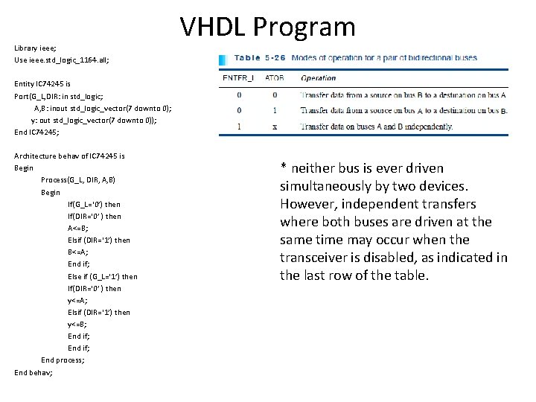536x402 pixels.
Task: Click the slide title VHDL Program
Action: click(x=268, y=27)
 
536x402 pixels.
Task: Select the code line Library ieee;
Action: click(x=35, y=48)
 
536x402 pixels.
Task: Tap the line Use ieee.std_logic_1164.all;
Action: click(x=61, y=60)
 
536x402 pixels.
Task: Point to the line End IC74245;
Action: click(x=36, y=132)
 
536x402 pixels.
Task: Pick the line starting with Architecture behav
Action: click(x=69, y=156)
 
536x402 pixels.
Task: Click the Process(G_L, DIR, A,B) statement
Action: click(x=77, y=180)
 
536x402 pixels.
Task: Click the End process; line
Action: click(x=63, y=360)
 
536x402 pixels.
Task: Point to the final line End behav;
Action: click(x=33, y=372)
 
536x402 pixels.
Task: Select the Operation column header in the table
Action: click(x=318, y=78)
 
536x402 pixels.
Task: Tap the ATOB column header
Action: click(x=273, y=78)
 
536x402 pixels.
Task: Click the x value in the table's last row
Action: click(x=274, y=127)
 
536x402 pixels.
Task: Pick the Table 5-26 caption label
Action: click(x=258, y=58)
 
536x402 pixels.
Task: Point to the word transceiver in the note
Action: click(x=316, y=258)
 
